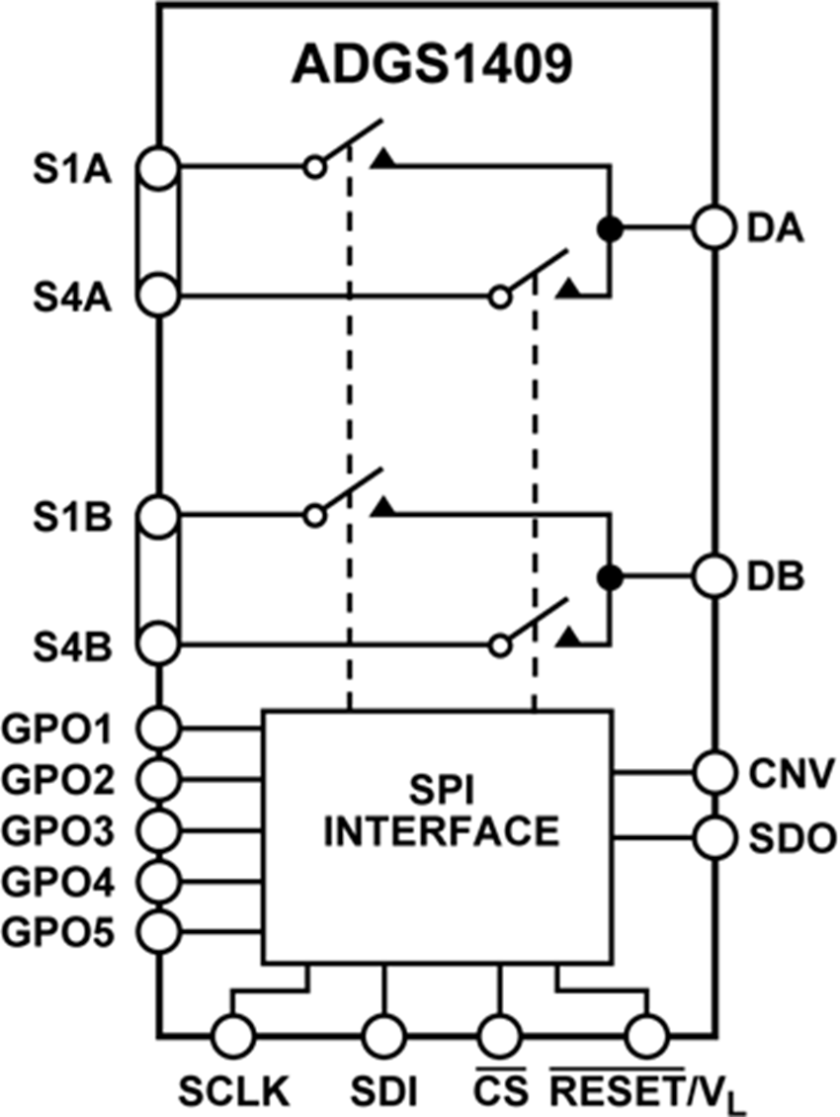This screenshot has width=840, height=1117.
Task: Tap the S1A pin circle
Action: coord(158,167)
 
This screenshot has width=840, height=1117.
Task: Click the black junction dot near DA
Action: coord(612,228)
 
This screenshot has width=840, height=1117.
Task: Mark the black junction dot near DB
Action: coord(612,576)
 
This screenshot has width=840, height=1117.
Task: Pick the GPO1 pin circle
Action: coord(158,729)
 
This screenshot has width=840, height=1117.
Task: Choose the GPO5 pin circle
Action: coord(158,929)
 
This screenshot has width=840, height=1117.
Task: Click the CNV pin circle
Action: coord(713,772)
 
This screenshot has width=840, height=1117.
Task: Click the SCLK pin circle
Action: coord(233,1036)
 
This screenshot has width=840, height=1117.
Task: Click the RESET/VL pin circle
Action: coord(648,1036)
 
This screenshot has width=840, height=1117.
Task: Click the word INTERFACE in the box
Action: coord(441,830)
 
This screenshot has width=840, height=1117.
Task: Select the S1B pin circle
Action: coord(158,515)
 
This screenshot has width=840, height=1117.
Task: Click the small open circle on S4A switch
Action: coord(501,296)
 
